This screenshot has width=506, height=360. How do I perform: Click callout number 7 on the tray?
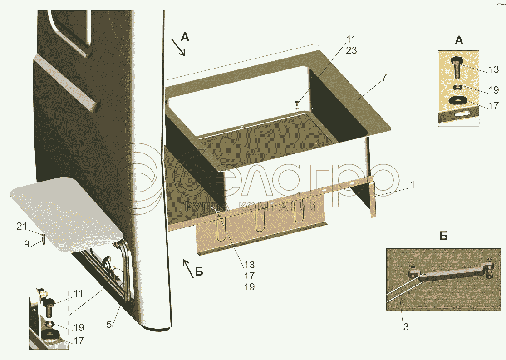point(383,78)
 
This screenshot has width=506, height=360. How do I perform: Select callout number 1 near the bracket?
point(412,185)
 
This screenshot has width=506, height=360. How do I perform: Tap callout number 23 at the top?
point(351,50)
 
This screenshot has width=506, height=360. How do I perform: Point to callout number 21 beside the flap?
point(22,227)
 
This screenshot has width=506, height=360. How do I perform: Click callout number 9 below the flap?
point(27,244)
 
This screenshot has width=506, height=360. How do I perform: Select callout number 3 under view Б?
point(406,327)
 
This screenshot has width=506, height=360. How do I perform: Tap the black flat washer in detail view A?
point(457,101)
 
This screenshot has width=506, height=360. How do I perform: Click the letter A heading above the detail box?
point(459,41)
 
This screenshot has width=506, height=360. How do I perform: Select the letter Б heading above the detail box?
point(444,236)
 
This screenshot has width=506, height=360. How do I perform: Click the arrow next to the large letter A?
point(178,48)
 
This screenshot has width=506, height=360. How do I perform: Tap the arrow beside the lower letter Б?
point(188,268)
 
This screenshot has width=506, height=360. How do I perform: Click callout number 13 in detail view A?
point(494,69)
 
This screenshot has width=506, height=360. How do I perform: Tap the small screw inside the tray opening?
point(297,104)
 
